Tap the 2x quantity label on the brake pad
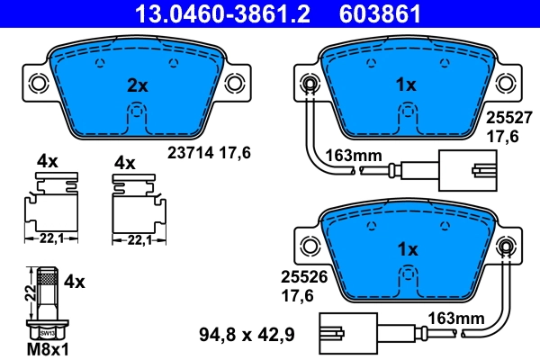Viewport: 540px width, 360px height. tap(137, 85)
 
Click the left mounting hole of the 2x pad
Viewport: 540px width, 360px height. tap(38, 84)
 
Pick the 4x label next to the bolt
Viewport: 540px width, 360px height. tap(76, 282)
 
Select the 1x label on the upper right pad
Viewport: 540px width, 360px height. tap(407, 85)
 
